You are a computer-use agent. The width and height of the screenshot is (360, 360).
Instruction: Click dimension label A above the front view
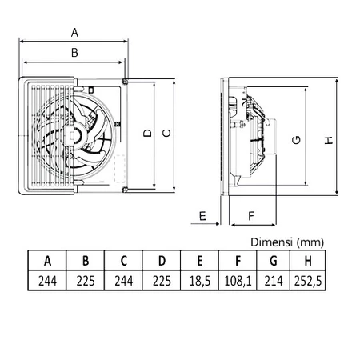click(x=74, y=33)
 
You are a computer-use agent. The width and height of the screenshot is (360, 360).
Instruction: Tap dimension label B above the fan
click(x=74, y=53)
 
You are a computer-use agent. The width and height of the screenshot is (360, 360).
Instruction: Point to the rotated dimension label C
click(x=166, y=133)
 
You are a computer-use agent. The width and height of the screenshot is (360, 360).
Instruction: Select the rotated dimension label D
click(x=147, y=133)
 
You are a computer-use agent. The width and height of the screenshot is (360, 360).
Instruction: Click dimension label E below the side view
click(x=202, y=216)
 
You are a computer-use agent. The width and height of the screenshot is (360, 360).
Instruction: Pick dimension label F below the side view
click(x=251, y=216)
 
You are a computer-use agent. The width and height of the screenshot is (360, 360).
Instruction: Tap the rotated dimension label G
click(x=296, y=140)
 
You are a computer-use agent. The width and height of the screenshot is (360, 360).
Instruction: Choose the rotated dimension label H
click(x=329, y=140)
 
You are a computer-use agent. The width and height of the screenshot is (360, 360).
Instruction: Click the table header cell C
click(x=123, y=261)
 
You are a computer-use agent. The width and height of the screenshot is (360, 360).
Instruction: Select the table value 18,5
click(x=200, y=281)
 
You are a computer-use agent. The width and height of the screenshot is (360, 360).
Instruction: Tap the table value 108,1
click(x=238, y=281)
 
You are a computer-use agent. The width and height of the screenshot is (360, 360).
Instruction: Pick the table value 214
click(x=274, y=281)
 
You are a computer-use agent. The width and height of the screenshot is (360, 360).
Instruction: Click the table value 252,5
click(x=308, y=281)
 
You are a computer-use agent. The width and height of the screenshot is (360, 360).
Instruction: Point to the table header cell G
click(x=274, y=261)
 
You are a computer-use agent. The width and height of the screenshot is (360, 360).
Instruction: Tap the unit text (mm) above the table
click(x=310, y=242)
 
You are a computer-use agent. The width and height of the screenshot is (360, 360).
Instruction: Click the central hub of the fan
click(x=74, y=135)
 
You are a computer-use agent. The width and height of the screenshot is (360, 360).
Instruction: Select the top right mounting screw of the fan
click(x=125, y=81)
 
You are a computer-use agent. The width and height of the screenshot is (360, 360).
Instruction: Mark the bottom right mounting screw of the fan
click(x=125, y=190)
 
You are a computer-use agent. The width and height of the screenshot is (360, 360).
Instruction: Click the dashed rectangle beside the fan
click(x=120, y=169)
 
